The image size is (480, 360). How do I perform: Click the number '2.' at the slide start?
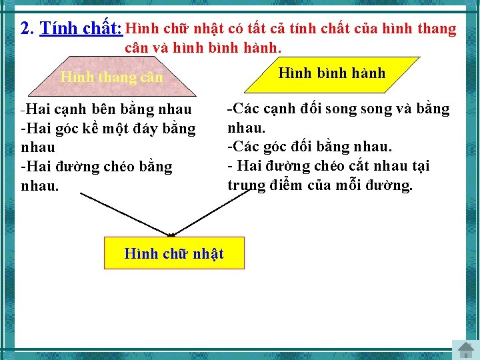pos(27,29)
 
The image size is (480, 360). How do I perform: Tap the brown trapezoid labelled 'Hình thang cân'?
pos(111,77)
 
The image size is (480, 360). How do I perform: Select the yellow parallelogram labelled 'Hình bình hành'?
pos(331,73)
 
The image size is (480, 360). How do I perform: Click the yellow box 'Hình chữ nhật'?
pos(174,253)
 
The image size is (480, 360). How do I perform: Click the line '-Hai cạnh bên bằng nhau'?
pos(107,109)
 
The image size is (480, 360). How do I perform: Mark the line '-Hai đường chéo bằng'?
pos(97,166)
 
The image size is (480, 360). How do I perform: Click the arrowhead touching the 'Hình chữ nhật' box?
pos(171,233)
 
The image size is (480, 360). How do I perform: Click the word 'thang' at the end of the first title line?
pos(436,29)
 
